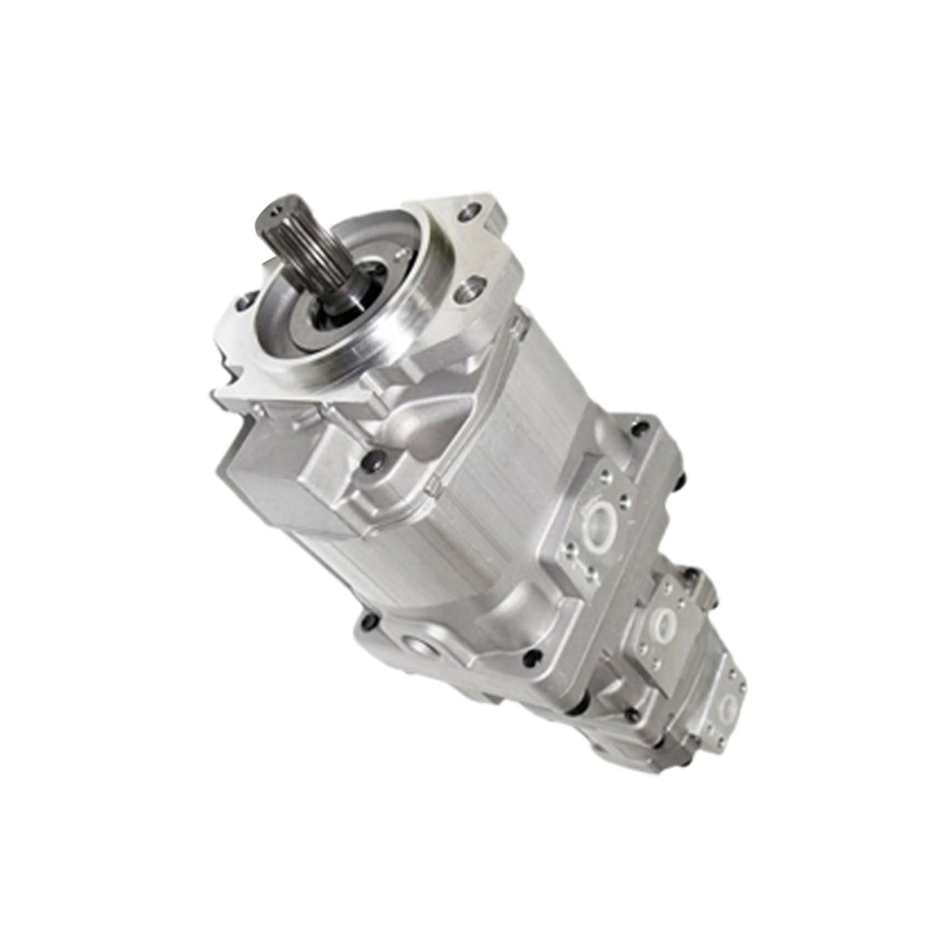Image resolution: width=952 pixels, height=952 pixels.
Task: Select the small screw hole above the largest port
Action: [606, 477]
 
